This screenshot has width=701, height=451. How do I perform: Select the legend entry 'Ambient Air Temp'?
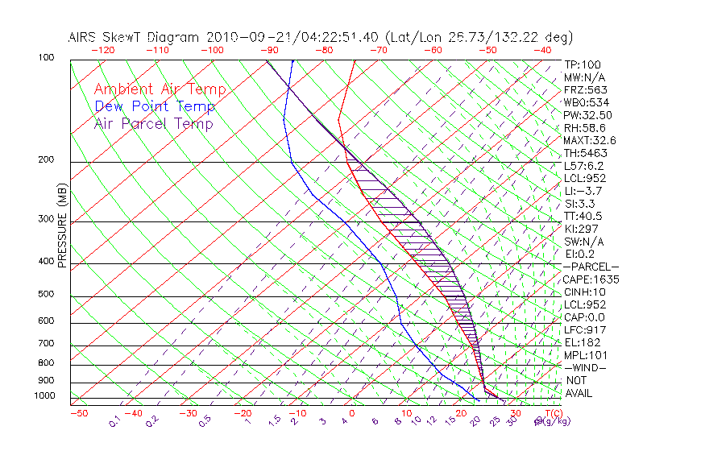pos(160,89)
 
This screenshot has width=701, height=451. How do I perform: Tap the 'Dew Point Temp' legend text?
pos(155,106)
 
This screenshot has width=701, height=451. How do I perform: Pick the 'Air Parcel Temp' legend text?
pos(153,123)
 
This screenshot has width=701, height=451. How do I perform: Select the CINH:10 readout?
pos(583,292)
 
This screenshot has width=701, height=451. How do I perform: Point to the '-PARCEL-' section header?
pos(591,267)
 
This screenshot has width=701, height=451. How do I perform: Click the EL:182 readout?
pos(581,342)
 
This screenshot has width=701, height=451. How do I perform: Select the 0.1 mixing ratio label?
pos(114,420)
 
